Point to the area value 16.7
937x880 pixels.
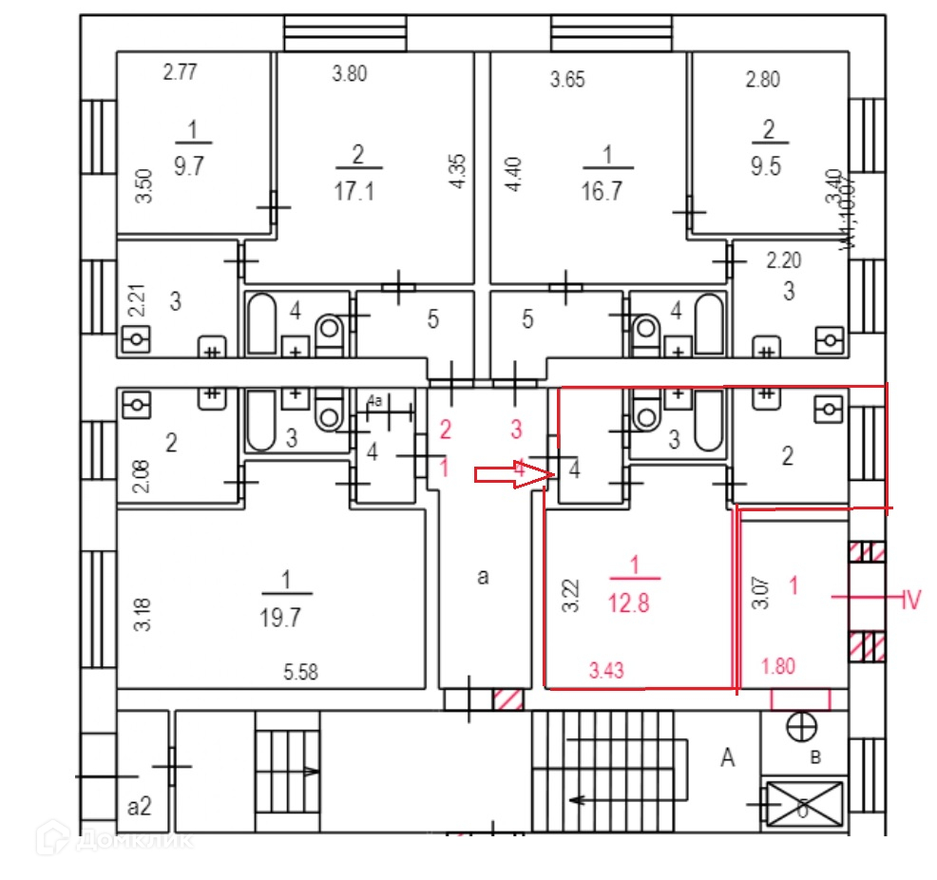click(x=602, y=191)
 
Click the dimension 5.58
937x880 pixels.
click(x=300, y=674)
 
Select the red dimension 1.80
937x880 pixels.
click(x=779, y=666)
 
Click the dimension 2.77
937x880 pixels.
click(x=180, y=72)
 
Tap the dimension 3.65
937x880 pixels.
click(x=567, y=80)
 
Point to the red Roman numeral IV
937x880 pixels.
click(x=910, y=600)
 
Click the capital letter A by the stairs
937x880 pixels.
click(x=729, y=757)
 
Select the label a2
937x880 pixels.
click(x=140, y=807)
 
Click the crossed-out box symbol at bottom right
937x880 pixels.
click(x=804, y=805)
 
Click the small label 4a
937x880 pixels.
click(x=375, y=403)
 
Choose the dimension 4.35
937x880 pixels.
click(x=459, y=172)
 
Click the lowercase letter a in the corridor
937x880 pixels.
click(x=483, y=576)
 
